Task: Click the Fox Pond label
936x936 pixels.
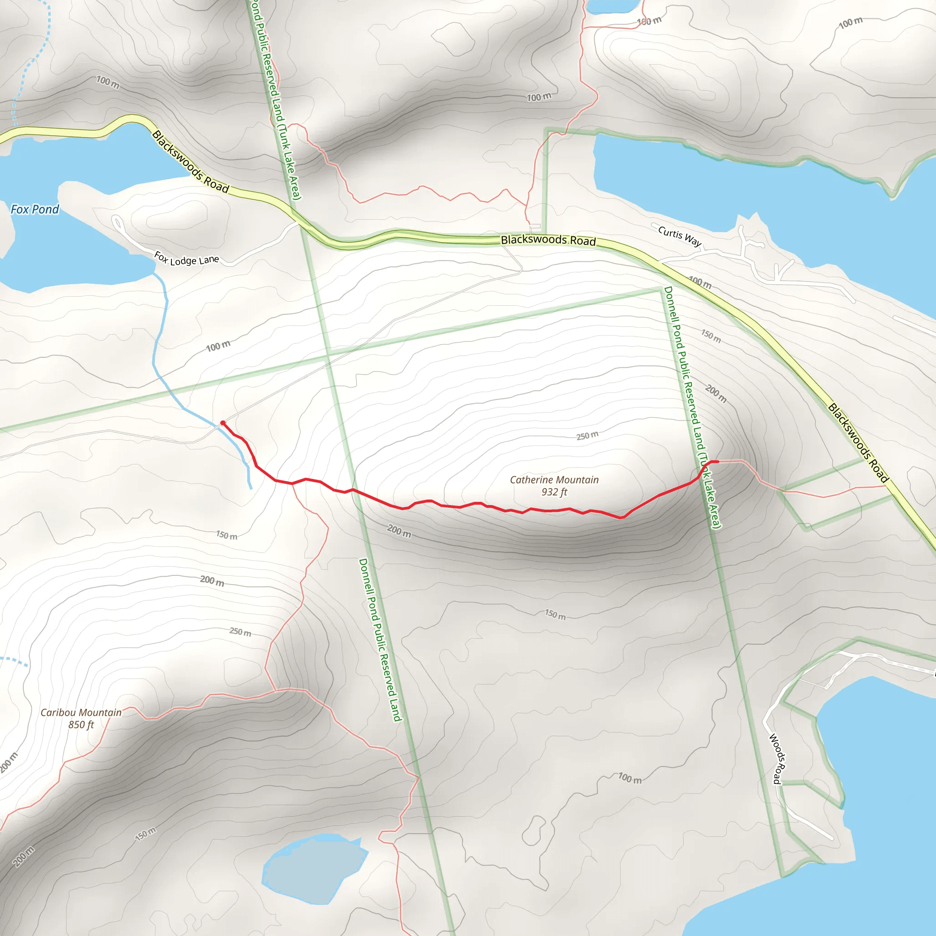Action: [x=34, y=209]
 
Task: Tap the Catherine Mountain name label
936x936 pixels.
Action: [x=554, y=479]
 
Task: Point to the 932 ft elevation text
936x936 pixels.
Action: [x=554, y=492]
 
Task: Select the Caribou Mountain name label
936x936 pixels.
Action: [x=81, y=712]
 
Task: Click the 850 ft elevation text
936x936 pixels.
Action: [x=81, y=725]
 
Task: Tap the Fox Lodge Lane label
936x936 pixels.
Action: [x=186, y=258]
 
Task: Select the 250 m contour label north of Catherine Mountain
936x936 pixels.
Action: [x=587, y=436]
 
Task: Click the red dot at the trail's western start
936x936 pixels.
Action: [x=223, y=423]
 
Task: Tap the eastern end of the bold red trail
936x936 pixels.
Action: [x=717, y=462]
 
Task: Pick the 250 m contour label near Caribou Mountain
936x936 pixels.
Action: [x=240, y=632]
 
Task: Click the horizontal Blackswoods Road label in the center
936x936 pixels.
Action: [x=548, y=240]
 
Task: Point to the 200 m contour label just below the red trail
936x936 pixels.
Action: [x=399, y=531]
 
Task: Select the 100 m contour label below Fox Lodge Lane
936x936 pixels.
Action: [x=218, y=346]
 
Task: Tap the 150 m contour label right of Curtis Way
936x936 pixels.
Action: [x=711, y=336]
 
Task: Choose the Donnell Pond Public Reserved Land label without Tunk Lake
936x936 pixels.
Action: [x=380, y=639]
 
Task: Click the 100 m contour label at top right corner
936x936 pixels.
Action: [x=851, y=22]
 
